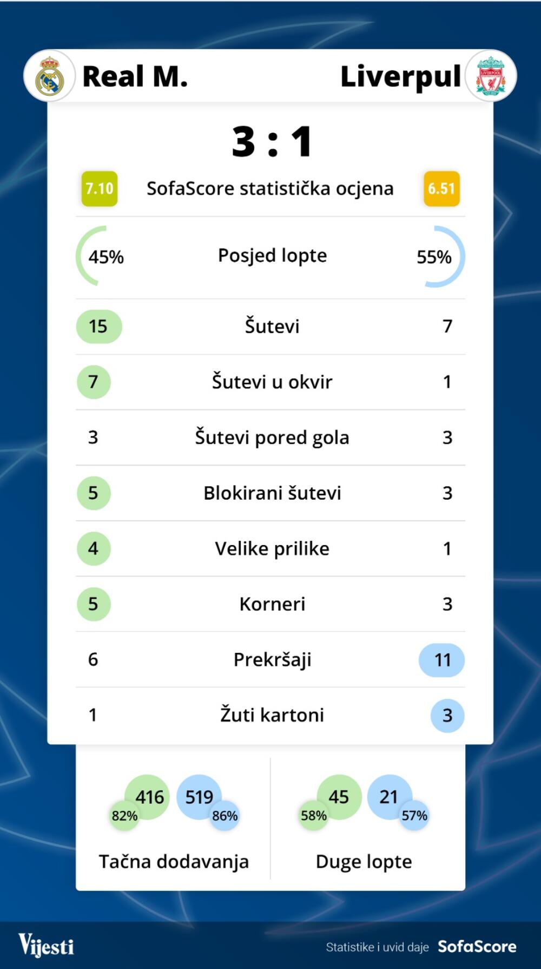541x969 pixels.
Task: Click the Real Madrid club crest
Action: (x=49, y=76)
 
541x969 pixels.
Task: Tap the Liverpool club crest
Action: (x=491, y=76)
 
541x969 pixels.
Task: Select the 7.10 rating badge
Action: (x=100, y=189)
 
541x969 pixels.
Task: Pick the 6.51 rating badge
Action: (x=441, y=189)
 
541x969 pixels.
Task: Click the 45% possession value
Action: (x=106, y=257)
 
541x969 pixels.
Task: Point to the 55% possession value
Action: (x=434, y=257)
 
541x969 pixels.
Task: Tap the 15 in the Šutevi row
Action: (x=98, y=326)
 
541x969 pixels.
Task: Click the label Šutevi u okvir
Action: (x=272, y=382)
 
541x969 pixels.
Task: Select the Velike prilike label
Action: (x=272, y=549)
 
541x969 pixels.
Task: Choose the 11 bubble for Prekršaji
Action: (x=442, y=660)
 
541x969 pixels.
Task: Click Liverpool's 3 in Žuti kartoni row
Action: (x=447, y=716)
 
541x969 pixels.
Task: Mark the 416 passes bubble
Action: (x=149, y=797)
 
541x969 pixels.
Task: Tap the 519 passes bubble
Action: (x=199, y=797)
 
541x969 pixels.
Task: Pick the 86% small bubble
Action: (x=225, y=816)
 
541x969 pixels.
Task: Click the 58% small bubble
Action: (x=314, y=816)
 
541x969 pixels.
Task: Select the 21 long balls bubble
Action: (x=388, y=797)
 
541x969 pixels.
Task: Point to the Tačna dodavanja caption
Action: (x=174, y=861)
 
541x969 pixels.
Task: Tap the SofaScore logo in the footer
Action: (x=477, y=946)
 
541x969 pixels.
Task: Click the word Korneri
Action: (x=272, y=604)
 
